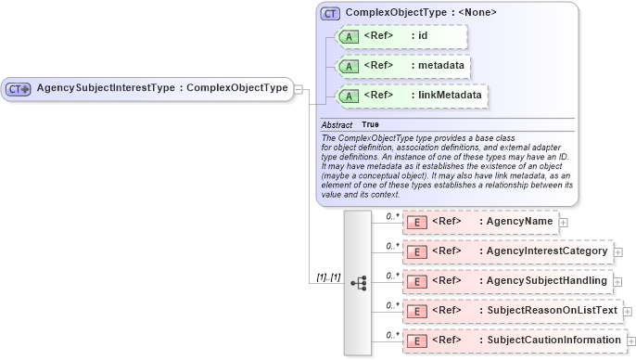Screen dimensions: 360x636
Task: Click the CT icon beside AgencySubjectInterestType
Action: tap(19, 88)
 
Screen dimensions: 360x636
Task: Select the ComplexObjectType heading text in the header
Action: tap(421, 13)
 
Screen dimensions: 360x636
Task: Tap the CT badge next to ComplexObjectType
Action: tap(329, 13)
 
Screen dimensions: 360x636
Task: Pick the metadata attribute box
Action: tap(403, 66)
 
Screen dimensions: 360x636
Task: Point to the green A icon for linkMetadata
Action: tap(349, 96)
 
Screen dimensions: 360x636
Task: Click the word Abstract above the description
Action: tap(337, 124)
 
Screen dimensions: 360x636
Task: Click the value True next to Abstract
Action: tap(370, 124)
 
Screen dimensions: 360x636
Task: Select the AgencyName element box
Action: tap(480, 222)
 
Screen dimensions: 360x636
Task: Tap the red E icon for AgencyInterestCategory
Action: tap(417, 251)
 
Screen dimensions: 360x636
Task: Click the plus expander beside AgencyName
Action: tap(564, 223)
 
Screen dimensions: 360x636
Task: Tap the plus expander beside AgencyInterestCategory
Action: tap(619, 252)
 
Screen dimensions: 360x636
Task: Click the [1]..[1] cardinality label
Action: tap(328, 276)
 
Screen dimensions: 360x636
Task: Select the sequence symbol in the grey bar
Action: tap(358, 281)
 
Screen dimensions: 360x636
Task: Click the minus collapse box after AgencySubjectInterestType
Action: tap(299, 88)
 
